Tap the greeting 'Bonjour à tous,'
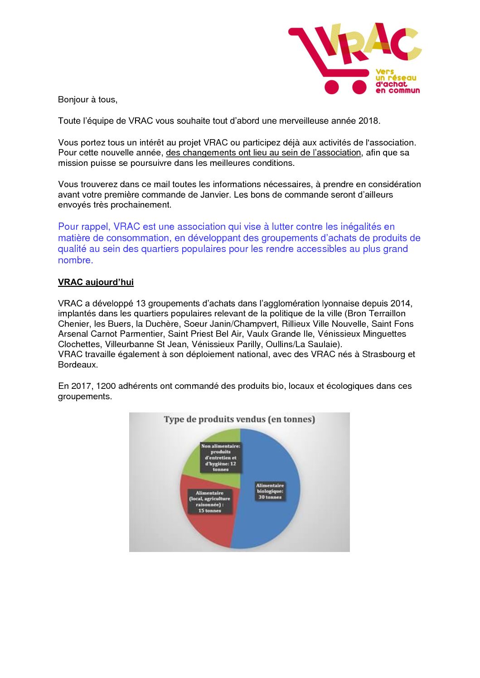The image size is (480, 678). click(x=87, y=100)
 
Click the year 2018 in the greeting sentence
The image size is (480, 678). click(x=368, y=121)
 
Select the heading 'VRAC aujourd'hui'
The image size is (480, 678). click(x=96, y=282)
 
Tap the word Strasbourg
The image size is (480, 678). click(x=384, y=354)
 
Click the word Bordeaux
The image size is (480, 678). click(x=77, y=365)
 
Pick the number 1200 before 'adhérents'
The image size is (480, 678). click(x=105, y=386)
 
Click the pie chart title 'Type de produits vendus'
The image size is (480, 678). click(x=239, y=419)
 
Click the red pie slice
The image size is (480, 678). click(x=213, y=530)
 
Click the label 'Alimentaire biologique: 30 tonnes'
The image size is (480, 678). click(x=270, y=491)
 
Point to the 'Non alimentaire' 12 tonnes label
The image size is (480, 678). click(x=221, y=458)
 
